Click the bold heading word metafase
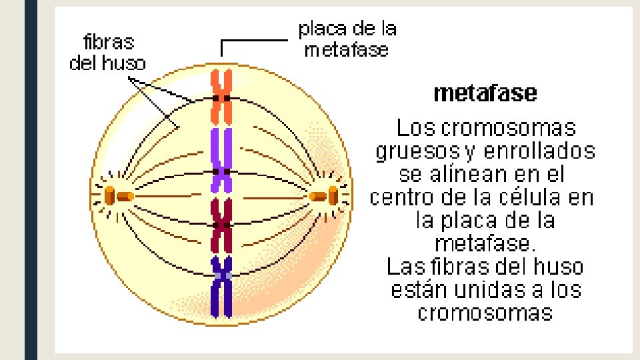[x=485, y=93]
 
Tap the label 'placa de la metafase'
[x=347, y=39]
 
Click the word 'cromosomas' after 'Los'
[x=509, y=127]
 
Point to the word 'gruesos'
[x=417, y=152]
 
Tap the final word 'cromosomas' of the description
[x=485, y=313]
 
